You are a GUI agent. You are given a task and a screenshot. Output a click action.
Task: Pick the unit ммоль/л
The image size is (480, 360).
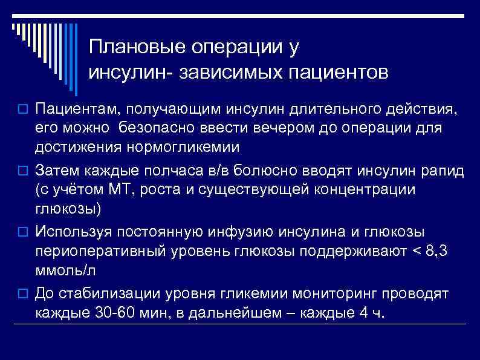(x=65, y=270)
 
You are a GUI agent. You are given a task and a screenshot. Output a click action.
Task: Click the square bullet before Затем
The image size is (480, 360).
(x=24, y=171)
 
